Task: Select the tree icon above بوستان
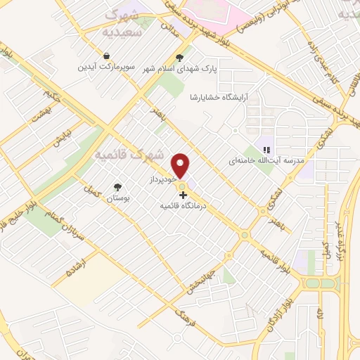[x=117, y=187]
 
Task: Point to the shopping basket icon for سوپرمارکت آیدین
[x=105, y=56]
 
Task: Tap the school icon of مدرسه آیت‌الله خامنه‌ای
[x=266, y=149]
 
